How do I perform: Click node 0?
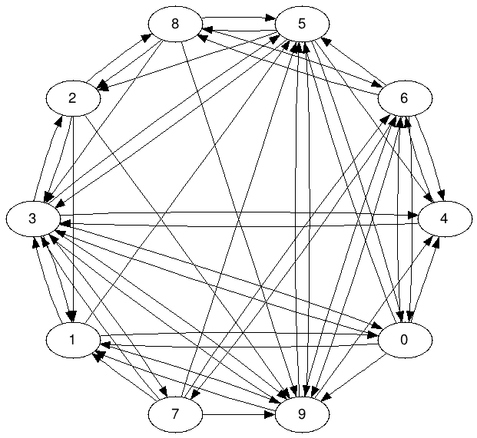click(403, 341)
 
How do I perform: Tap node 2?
click(72, 98)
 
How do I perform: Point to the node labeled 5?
click(405, 97)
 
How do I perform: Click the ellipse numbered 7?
click(175, 23)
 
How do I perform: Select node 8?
click(302, 415)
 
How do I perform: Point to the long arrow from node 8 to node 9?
click(238, 219)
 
